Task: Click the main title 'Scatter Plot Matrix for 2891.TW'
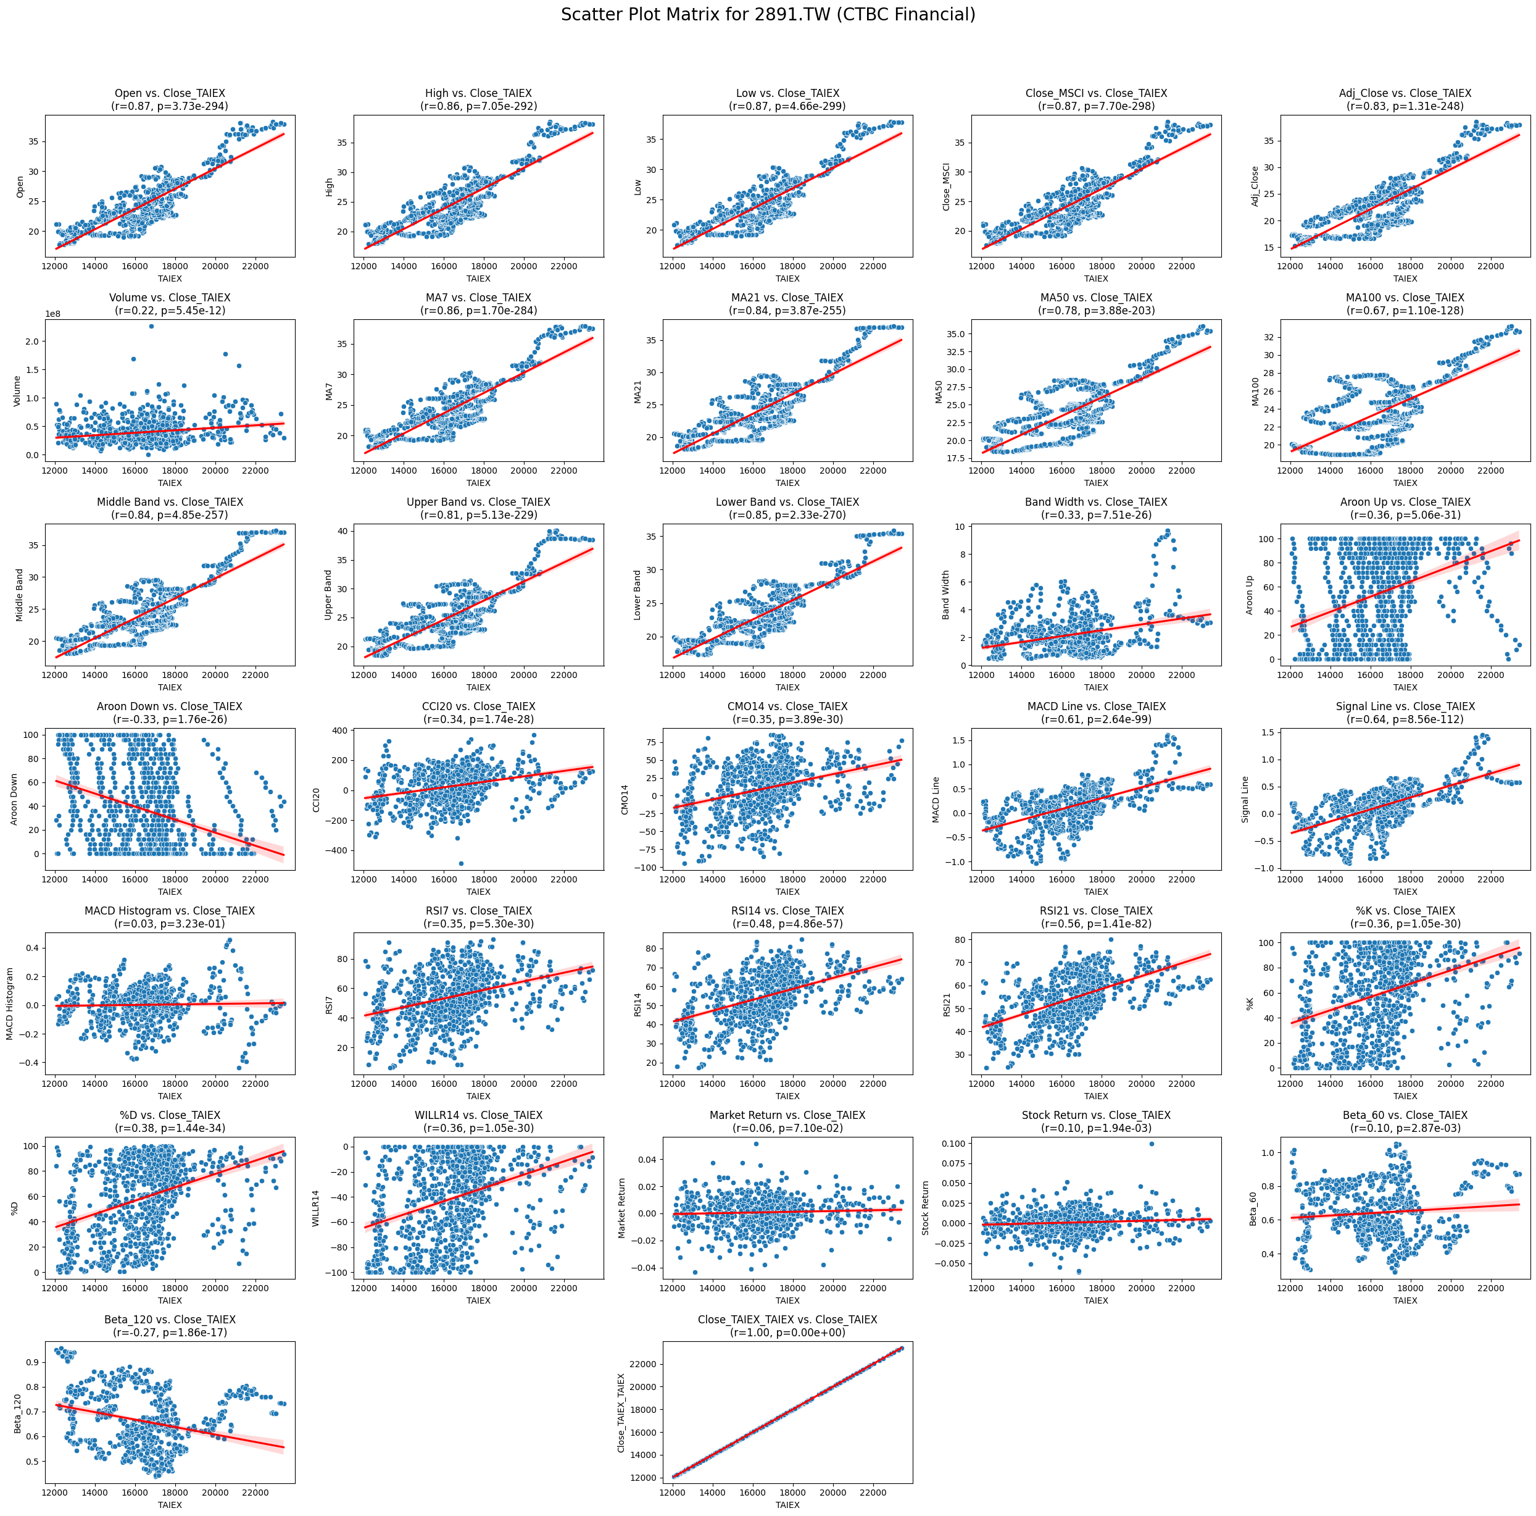[x=767, y=14]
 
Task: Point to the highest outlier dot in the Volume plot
[x=151, y=326]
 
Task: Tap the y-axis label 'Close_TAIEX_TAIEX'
[x=621, y=1413]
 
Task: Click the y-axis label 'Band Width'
[x=946, y=595]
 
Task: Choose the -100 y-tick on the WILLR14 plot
[x=344, y=1273]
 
